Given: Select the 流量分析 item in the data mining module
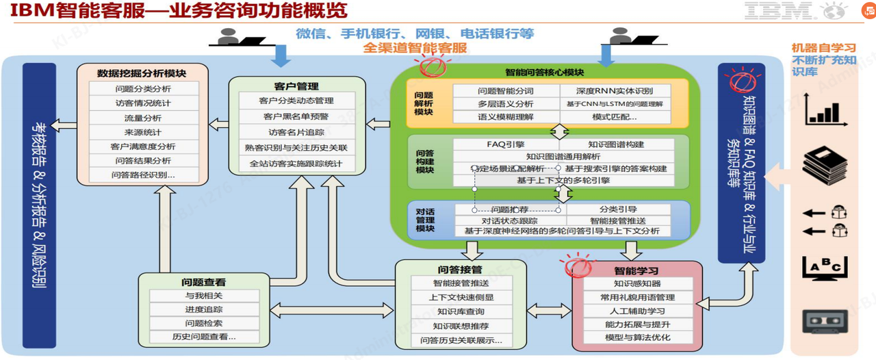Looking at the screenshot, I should tap(143, 118).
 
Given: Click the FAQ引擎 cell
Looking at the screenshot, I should tap(505, 144).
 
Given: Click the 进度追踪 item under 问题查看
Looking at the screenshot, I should tap(203, 309).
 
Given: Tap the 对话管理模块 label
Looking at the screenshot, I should tap(425, 219).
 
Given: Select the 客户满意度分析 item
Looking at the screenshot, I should tap(143, 146).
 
